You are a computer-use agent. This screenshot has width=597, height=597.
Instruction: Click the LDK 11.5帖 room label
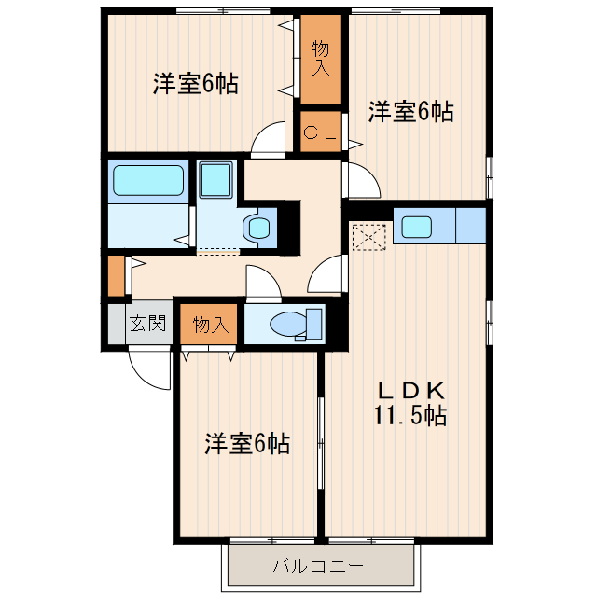(411, 403)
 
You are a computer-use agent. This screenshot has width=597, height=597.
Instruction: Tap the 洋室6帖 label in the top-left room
(195, 84)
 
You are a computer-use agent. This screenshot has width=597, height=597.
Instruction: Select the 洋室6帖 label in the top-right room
(410, 112)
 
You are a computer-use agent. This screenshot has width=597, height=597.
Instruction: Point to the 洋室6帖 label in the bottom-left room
(247, 443)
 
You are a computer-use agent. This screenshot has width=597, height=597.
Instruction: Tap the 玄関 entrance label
(147, 325)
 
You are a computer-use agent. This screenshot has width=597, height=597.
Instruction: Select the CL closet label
(320, 132)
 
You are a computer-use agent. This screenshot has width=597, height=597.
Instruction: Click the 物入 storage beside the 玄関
(210, 325)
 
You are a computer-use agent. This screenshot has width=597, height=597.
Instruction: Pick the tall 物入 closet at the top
(321, 59)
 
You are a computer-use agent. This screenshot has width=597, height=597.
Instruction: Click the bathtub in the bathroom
(148, 179)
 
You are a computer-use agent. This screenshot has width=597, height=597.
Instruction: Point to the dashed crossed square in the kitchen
(370, 235)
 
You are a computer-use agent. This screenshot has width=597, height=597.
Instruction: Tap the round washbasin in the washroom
(257, 227)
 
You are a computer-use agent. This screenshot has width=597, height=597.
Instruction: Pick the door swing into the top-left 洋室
(269, 140)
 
